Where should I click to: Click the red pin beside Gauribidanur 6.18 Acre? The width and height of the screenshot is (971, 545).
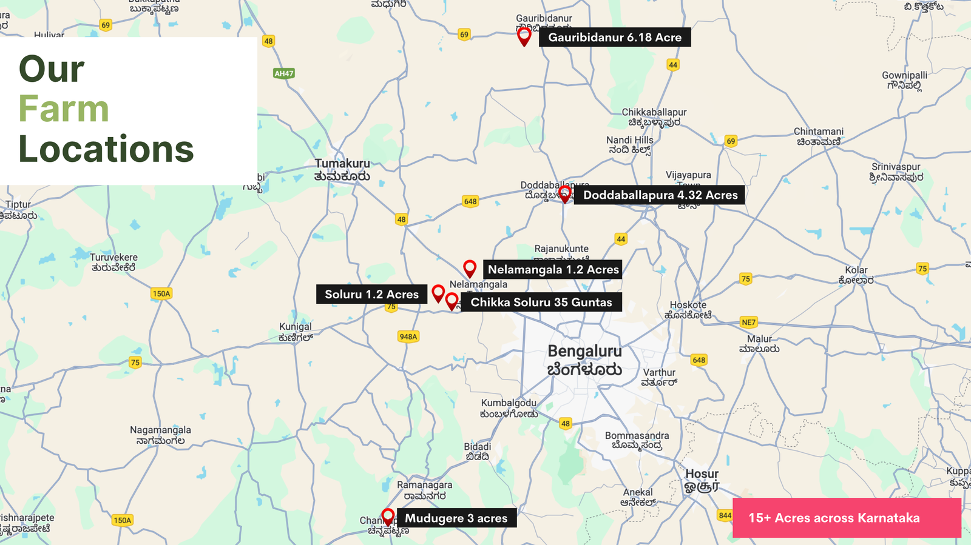[524, 36]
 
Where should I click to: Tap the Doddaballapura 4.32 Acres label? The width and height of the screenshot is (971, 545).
[660, 195]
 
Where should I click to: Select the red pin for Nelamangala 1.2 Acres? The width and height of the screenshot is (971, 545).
[470, 268]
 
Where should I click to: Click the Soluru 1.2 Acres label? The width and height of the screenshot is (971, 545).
[371, 295]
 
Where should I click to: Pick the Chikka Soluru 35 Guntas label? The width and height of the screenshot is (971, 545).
[541, 303]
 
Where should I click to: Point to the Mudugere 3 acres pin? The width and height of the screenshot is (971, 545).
[388, 517]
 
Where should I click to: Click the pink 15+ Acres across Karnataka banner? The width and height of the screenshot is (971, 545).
[847, 518]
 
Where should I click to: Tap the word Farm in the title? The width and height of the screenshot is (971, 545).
[64, 109]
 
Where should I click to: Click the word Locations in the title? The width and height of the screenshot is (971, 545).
[106, 149]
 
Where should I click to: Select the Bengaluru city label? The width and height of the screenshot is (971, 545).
[584, 352]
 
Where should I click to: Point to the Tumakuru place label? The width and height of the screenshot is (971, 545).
[342, 164]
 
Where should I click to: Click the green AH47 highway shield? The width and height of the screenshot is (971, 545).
[284, 73]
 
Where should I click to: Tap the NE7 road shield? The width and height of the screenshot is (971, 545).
[749, 323]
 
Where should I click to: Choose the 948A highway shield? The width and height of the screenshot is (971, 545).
[408, 336]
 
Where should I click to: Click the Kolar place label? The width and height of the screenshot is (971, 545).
[856, 270]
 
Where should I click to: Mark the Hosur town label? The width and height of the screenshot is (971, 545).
[702, 474]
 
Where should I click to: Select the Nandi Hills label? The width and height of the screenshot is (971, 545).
[630, 140]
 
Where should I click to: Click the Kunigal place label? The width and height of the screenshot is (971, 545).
[296, 327]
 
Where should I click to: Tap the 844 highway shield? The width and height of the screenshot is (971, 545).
[725, 516]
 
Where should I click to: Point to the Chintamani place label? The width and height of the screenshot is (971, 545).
[819, 132]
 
